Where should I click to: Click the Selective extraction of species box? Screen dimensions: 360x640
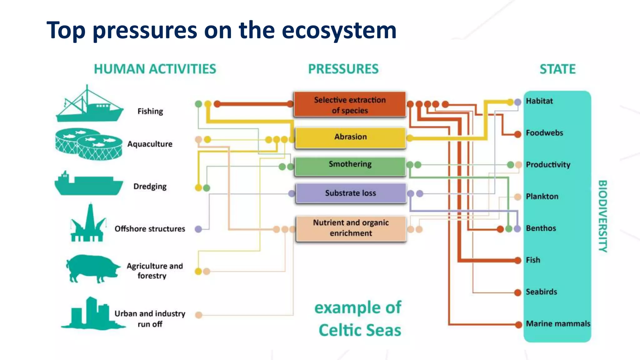pyautogui.click(x=350, y=105)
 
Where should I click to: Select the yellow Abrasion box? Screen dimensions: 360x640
pyautogui.click(x=350, y=137)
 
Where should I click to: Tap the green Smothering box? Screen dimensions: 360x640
pyautogui.click(x=350, y=166)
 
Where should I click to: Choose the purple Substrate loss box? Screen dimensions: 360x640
pyautogui.click(x=351, y=193)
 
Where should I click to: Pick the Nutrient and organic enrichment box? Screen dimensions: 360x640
pyautogui.click(x=351, y=228)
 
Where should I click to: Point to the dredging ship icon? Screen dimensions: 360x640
pyautogui.click(x=88, y=184)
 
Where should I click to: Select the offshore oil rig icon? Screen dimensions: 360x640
pyautogui.click(x=88, y=223)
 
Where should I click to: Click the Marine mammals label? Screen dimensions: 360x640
pyautogui.click(x=558, y=324)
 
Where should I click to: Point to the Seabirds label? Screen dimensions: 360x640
pyautogui.click(x=541, y=292)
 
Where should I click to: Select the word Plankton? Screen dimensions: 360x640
pyautogui.click(x=542, y=197)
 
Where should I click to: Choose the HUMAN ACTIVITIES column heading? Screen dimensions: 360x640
pyautogui.click(x=155, y=69)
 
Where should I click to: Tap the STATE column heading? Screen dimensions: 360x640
pyautogui.click(x=557, y=69)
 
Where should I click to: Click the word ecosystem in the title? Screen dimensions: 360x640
pyautogui.click(x=339, y=30)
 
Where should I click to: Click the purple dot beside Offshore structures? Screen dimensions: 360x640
pyautogui.click(x=198, y=229)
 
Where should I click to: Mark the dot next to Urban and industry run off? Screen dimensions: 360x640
pyautogui.click(x=198, y=315)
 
